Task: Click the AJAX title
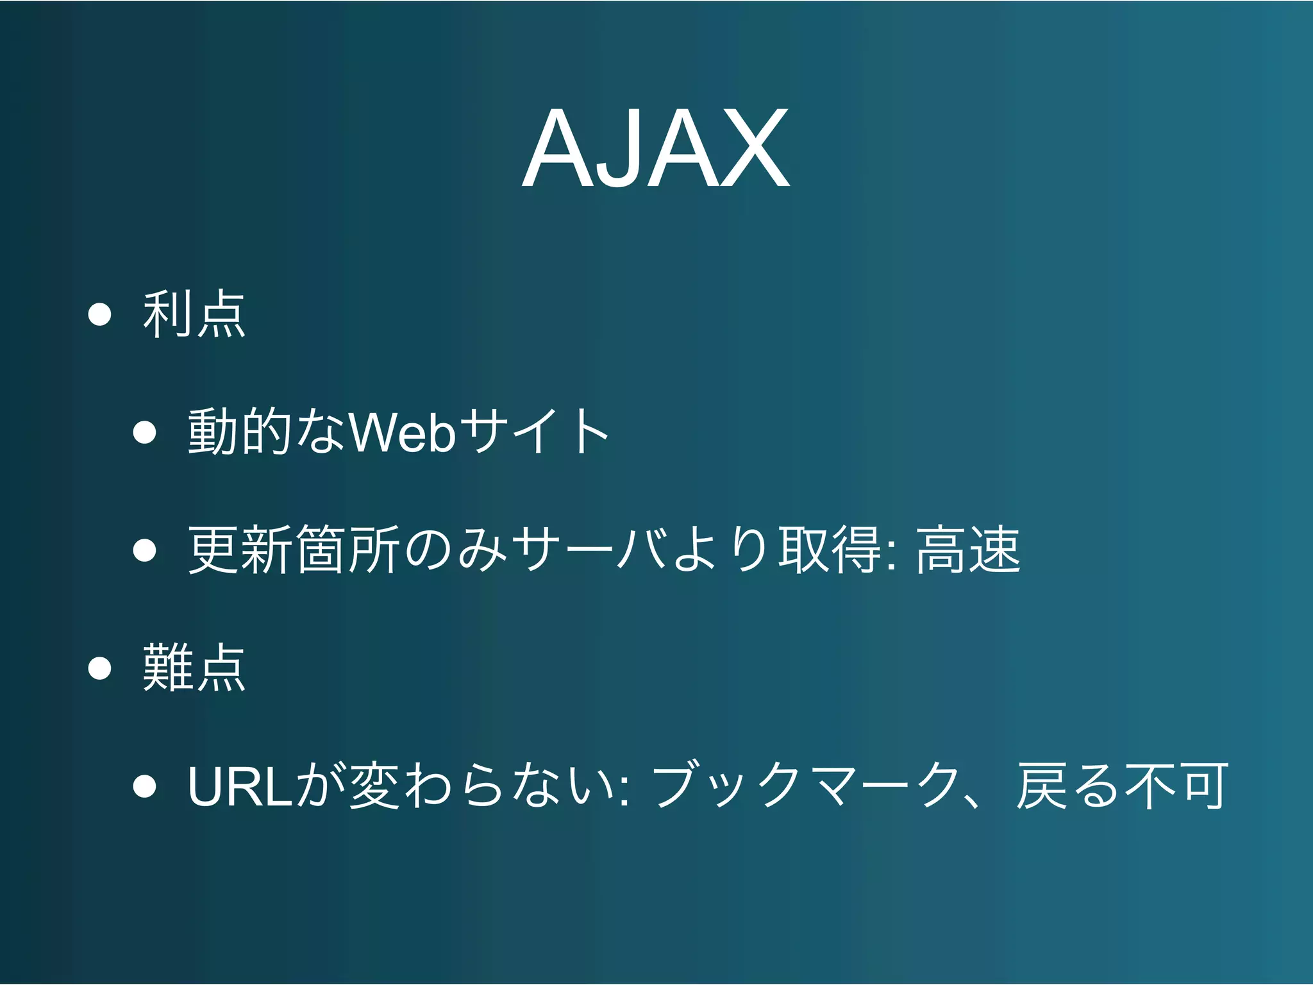pyautogui.click(x=655, y=149)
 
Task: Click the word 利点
pyautogui.click(x=194, y=314)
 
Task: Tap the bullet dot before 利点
pyautogui.click(x=100, y=314)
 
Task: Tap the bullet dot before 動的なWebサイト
pyautogui.click(x=145, y=432)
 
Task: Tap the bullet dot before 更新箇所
pyautogui.click(x=145, y=550)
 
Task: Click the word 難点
pyautogui.click(x=194, y=668)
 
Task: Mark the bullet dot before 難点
pyautogui.click(x=100, y=668)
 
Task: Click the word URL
pyautogui.click(x=240, y=786)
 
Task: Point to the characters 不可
pyautogui.click(x=1176, y=786)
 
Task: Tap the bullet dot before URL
pyautogui.click(x=145, y=786)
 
